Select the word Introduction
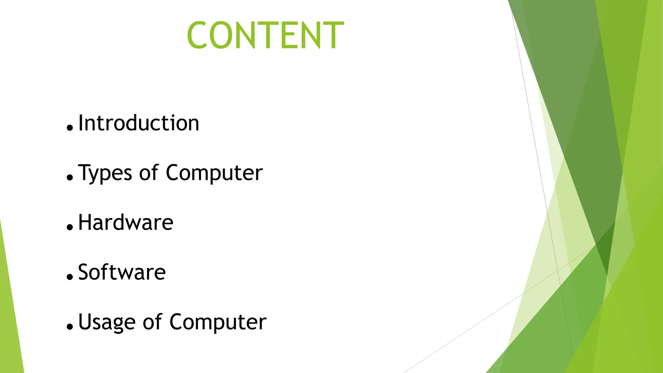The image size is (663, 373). [x=139, y=123]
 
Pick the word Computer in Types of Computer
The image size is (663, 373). [x=214, y=173]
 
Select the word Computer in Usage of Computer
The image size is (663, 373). [x=218, y=322]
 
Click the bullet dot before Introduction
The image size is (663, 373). [x=70, y=128]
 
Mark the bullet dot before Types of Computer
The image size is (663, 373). [x=70, y=177]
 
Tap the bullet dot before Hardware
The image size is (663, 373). [x=70, y=227]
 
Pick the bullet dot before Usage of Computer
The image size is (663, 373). [x=70, y=326]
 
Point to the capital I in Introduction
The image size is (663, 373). [x=81, y=123]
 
